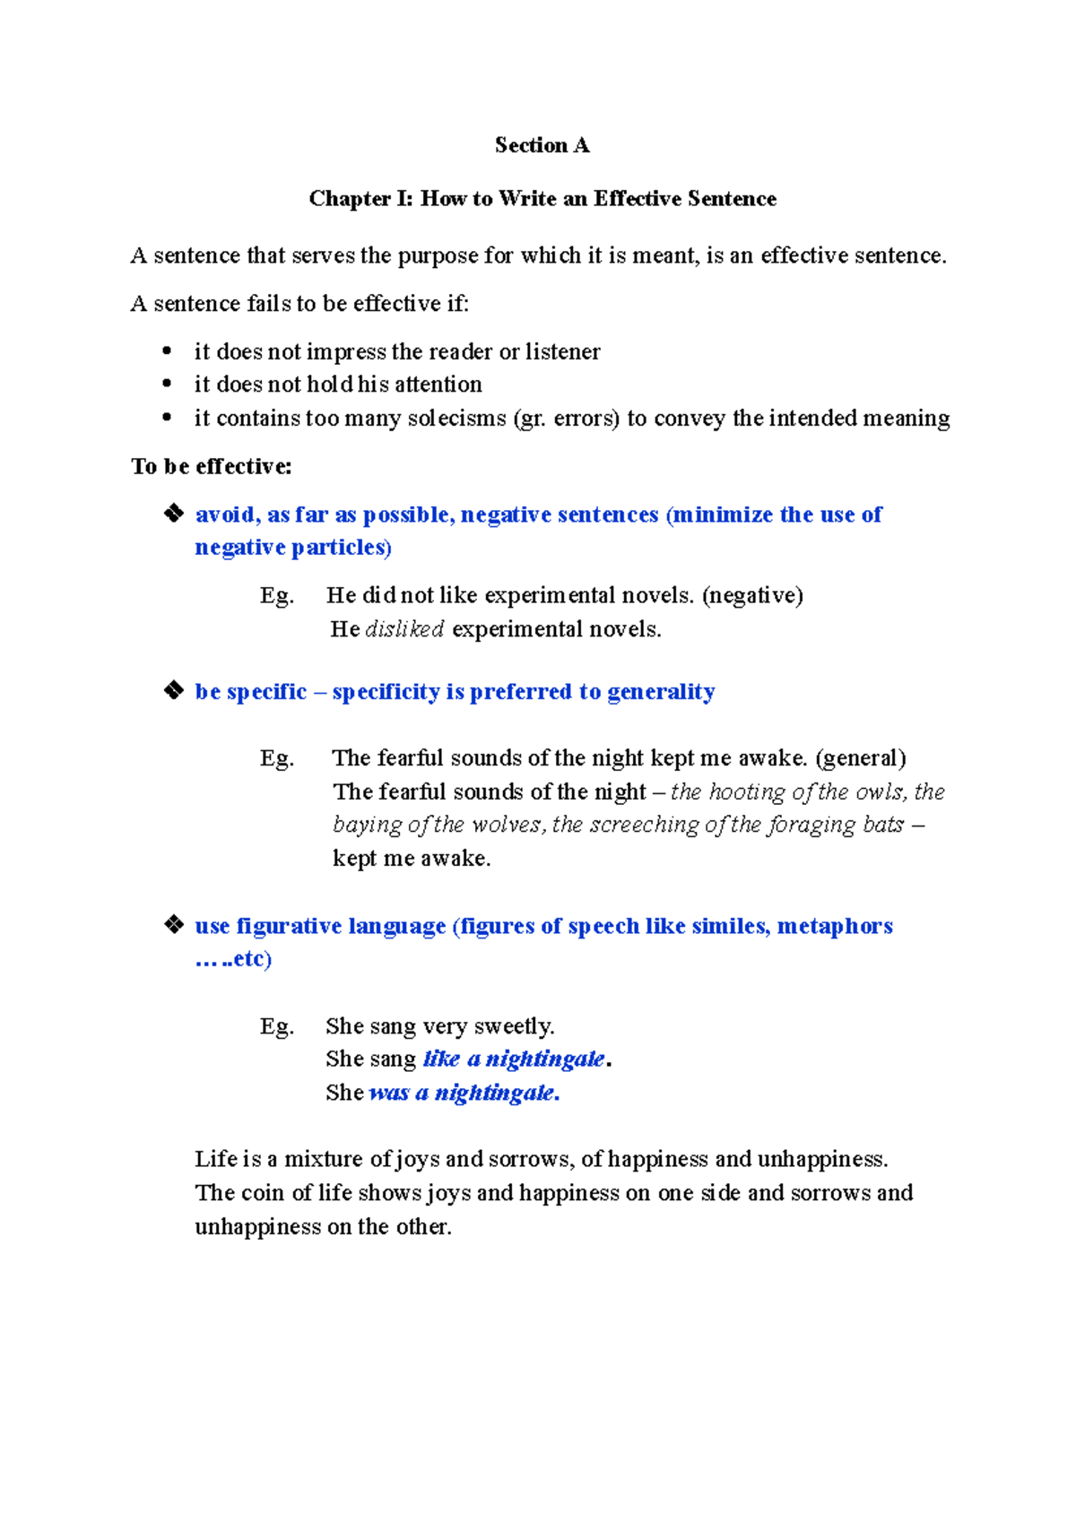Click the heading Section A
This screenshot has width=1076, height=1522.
point(542,145)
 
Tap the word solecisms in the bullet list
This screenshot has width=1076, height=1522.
point(457,419)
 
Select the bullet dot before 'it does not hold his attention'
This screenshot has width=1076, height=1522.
point(167,384)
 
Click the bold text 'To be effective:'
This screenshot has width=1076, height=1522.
point(212,466)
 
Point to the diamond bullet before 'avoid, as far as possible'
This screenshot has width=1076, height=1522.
point(173,513)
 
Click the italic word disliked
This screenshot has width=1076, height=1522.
point(404,629)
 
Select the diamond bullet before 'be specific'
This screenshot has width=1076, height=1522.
point(173,690)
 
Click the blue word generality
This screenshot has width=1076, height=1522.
point(661,692)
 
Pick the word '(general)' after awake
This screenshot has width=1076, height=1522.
point(861,758)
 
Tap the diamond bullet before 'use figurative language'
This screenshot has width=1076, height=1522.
point(173,924)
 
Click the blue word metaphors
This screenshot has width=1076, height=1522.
point(835,926)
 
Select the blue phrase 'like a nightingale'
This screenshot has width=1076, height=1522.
point(514,1059)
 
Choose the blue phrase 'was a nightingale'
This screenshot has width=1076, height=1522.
point(463,1093)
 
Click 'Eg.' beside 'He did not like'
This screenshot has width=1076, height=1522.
point(277,596)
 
